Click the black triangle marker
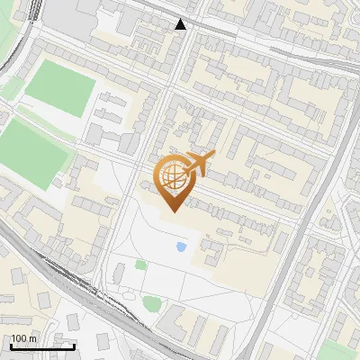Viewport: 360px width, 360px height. [x=181, y=24]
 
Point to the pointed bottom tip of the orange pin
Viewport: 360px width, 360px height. [x=171, y=211]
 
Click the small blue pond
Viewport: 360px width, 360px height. [x=181, y=246]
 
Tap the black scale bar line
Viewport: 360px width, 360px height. [x=41, y=346]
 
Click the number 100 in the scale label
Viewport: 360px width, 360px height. [x=20, y=338]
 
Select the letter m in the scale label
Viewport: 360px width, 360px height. [x=33, y=338]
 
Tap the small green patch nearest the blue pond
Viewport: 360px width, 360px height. [x=140, y=265]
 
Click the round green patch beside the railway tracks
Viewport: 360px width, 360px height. [x=152, y=304]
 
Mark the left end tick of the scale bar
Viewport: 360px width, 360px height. [x=10, y=346]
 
